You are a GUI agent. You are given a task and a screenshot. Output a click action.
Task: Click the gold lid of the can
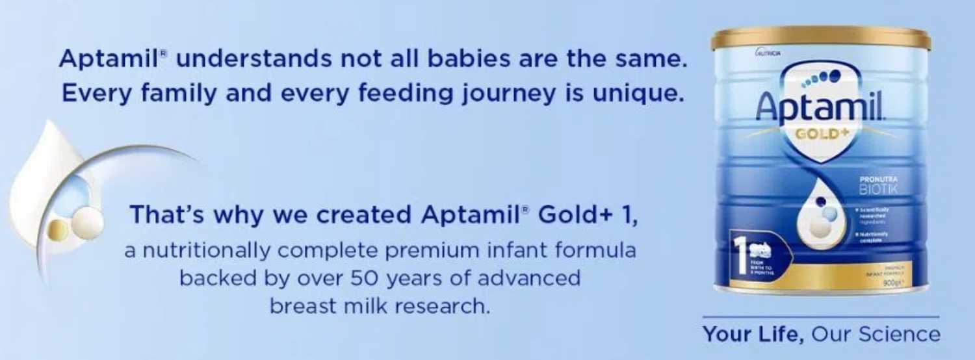coord(820,38)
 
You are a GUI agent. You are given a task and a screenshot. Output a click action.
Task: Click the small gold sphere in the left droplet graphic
coord(58,229)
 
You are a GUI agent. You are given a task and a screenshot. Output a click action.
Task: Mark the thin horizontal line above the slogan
coord(821,317)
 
